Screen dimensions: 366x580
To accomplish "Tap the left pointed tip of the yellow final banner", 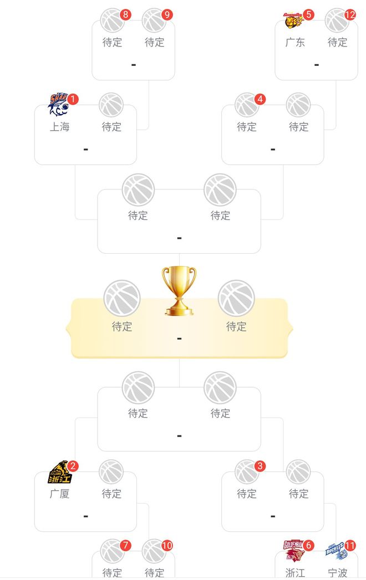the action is pos(66,328).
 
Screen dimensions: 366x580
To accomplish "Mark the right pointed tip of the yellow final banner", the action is pos(293,328).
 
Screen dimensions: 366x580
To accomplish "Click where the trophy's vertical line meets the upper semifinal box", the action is pos(179,253).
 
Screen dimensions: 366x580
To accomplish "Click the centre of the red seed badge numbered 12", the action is pos(350,15).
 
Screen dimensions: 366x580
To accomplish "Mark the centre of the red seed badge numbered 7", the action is pos(125,545).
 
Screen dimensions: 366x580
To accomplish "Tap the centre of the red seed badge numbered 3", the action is pos(260,466).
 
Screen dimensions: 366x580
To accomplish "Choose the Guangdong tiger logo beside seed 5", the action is pos(294,20).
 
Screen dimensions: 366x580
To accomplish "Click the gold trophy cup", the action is pos(179,291).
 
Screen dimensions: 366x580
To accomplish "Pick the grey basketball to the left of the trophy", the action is pos(122,298).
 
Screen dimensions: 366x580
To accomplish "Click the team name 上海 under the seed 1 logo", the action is pos(60,127).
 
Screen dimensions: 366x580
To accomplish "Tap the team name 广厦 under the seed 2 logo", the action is pos(60,494).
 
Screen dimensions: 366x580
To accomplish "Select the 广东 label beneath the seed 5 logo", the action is pos(295,43).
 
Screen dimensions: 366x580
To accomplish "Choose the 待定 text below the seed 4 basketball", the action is pos(247,127).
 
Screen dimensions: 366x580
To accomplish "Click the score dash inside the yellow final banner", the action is pos(179,339).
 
